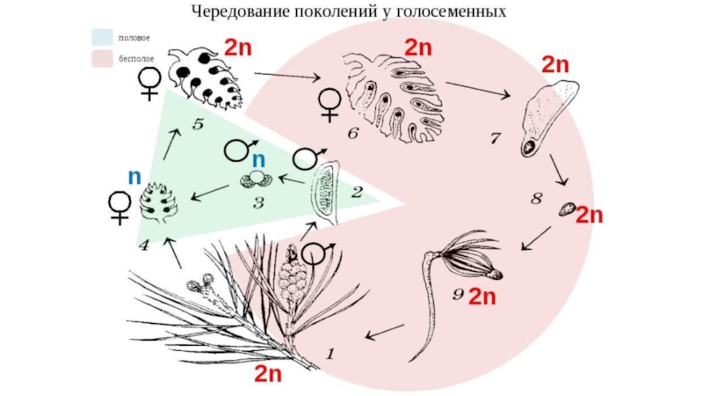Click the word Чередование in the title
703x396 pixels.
(240, 12)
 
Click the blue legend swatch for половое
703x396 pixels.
(102, 38)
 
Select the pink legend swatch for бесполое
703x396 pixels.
(102, 58)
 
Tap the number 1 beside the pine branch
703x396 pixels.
(331, 355)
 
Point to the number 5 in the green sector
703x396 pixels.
(198, 126)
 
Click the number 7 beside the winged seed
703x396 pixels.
(496, 138)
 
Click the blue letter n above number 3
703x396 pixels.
(258, 160)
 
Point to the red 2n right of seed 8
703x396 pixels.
(590, 215)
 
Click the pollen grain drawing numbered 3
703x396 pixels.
(252, 180)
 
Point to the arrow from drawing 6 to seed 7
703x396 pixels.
(478, 90)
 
